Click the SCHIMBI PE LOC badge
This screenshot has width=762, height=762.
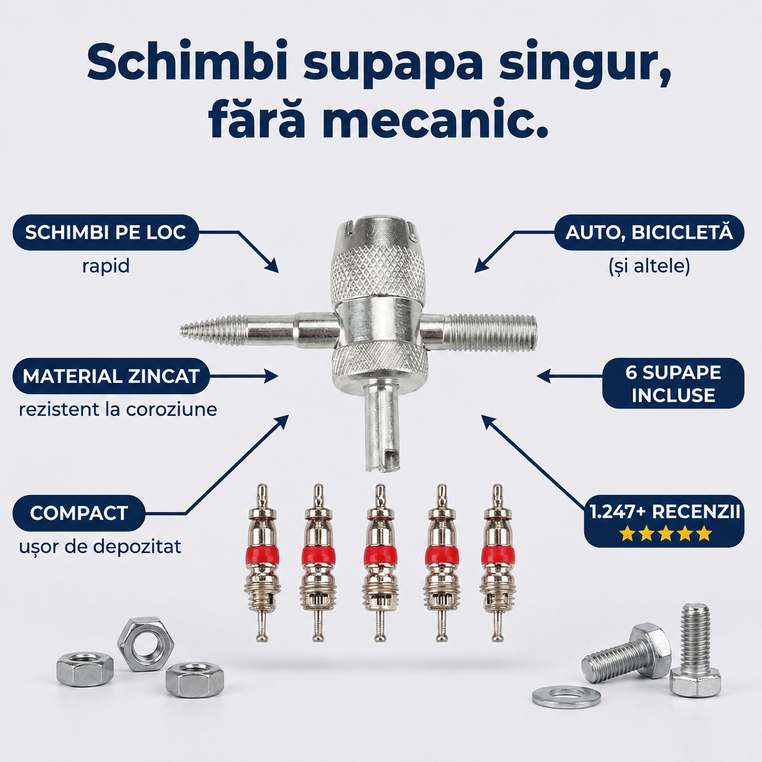[x=106, y=233]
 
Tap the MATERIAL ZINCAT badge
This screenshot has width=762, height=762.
[x=111, y=376]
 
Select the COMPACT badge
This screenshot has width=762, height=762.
[x=78, y=513]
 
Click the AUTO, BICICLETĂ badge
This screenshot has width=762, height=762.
[x=649, y=233]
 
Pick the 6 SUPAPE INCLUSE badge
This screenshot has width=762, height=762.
[x=673, y=383]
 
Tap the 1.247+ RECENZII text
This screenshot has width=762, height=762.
[x=664, y=512]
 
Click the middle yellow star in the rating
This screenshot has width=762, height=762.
[x=665, y=534]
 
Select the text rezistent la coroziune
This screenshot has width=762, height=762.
[x=118, y=410]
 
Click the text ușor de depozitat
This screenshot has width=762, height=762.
[x=100, y=547]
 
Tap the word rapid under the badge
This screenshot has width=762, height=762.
[x=106, y=266]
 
